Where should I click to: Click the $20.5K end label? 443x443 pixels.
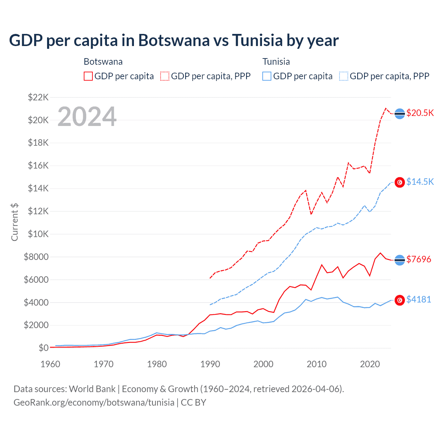420,113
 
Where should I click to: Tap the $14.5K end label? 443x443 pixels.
420,182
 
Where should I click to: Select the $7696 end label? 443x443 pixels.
418,259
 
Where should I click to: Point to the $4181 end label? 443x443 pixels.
418,299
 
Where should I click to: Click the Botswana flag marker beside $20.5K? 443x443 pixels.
400,114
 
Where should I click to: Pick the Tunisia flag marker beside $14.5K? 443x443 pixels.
400,182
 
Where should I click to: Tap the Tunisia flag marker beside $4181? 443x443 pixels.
400,300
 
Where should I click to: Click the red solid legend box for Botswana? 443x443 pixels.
88,76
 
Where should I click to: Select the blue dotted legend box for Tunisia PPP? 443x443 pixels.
344,76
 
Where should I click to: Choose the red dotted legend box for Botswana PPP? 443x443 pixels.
165,76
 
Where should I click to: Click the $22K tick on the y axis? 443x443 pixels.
38,97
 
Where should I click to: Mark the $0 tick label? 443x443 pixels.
43,348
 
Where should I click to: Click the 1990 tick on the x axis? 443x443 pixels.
210,364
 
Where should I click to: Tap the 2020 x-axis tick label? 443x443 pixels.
370,364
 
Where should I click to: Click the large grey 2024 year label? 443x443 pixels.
87,117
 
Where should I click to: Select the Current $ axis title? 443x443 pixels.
15,222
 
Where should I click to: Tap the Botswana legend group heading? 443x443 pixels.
103,62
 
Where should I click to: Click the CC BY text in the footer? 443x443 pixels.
193,403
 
